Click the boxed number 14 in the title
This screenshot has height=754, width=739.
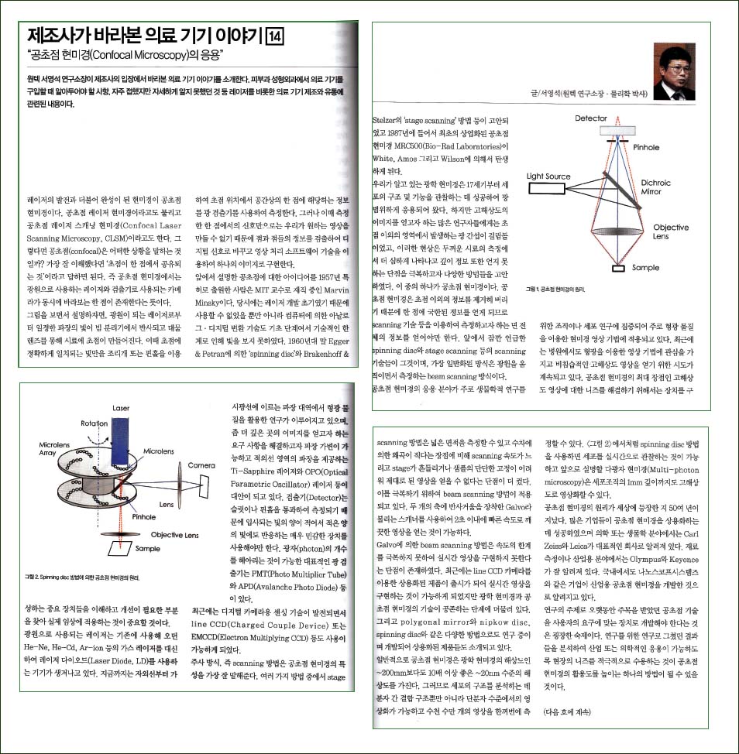click(275, 36)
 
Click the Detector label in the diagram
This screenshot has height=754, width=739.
click(591, 118)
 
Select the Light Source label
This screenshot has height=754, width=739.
click(548, 177)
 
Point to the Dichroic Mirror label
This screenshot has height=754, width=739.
click(656, 188)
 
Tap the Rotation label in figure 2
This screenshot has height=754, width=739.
click(94, 423)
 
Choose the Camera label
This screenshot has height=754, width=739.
click(201, 465)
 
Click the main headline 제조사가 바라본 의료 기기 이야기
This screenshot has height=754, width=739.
click(144, 36)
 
